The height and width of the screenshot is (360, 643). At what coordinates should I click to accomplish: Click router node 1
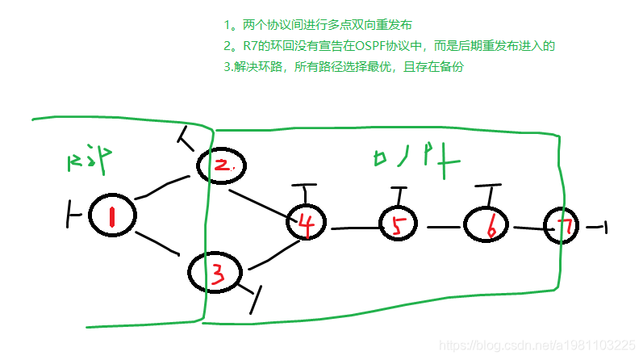tap(111, 215)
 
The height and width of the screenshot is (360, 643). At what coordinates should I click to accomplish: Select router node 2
tap(221, 165)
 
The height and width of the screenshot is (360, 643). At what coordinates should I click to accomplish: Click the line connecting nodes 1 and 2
tap(165, 188)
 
